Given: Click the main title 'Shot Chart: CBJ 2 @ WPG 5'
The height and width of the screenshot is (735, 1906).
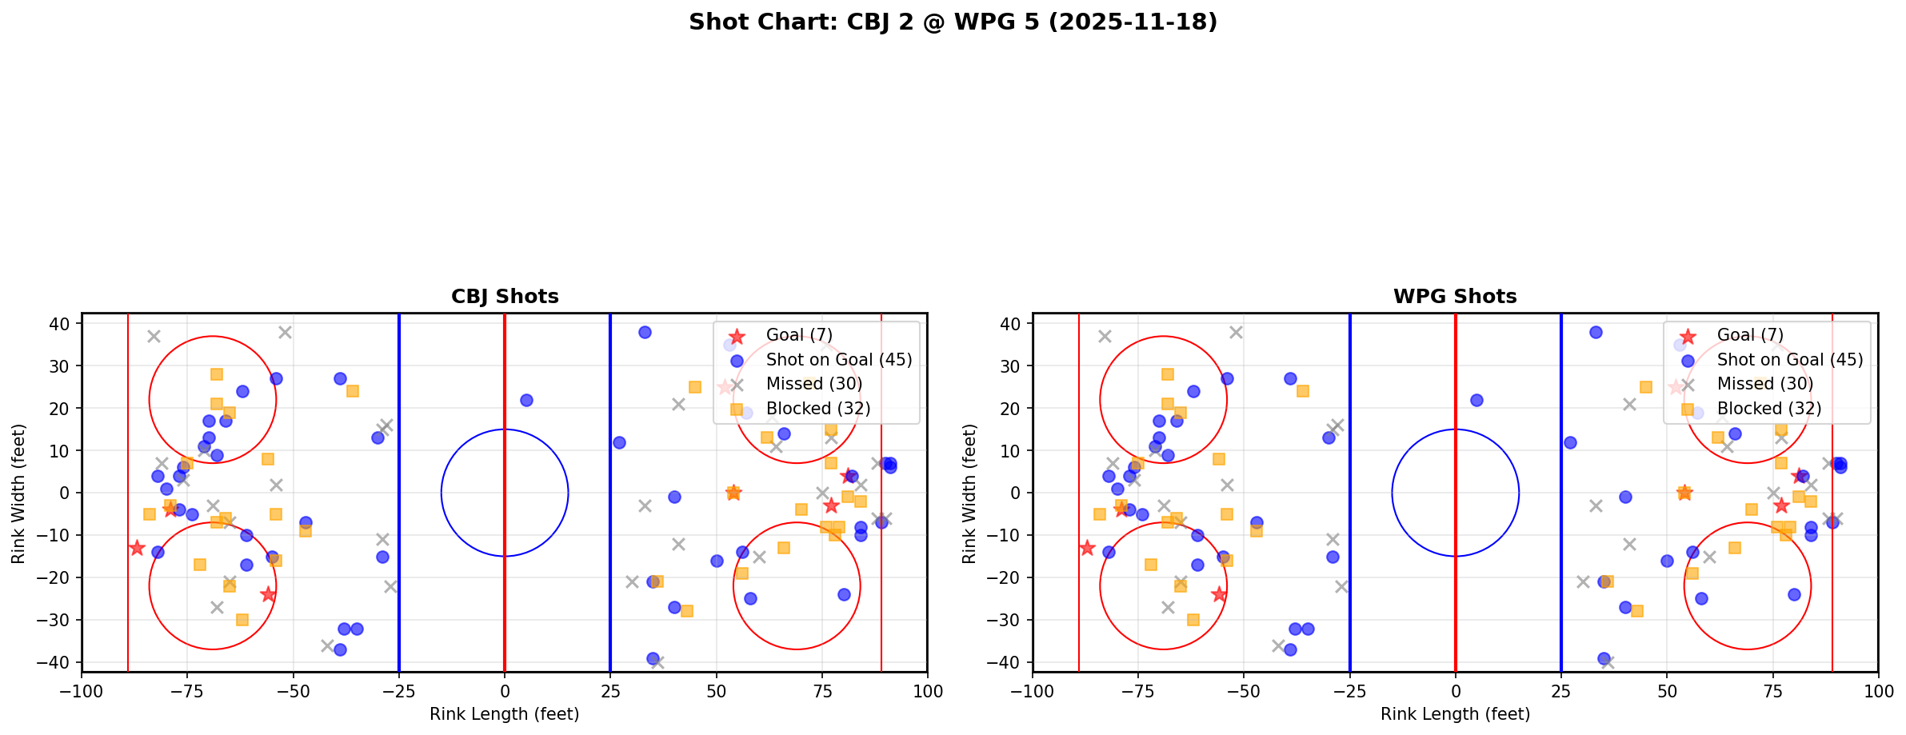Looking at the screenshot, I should [x=953, y=22].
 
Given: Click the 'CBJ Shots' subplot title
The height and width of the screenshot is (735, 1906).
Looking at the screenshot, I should [x=505, y=297].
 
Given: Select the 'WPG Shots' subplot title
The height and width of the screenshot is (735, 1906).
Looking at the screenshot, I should [x=1455, y=297].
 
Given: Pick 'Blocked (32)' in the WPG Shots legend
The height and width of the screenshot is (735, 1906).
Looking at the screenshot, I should [x=1769, y=409].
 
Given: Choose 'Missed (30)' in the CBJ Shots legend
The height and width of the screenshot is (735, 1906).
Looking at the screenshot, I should [x=813, y=384].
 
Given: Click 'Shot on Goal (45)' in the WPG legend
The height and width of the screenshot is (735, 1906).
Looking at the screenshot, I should [x=1790, y=360].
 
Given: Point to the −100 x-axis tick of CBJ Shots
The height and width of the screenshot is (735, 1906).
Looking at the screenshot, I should [x=82, y=691].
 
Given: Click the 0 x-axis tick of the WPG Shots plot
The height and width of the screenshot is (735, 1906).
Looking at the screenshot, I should [x=1455, y=691].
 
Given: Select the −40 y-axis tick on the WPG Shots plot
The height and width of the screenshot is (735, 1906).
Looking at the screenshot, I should [x=1008, y=662].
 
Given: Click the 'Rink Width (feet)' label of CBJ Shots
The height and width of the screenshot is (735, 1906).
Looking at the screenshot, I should [x=18, y=493].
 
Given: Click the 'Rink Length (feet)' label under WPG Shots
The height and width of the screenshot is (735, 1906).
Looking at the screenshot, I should [x=1455, y=714].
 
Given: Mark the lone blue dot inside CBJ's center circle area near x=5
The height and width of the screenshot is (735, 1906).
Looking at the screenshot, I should [x=526, y=400].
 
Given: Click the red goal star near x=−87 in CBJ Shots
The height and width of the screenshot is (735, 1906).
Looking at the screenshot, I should [x=137, y=548].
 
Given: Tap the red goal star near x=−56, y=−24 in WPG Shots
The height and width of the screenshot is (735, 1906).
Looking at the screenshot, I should [x=1219, y=594].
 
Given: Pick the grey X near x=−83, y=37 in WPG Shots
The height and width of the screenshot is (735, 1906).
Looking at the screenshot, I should [x=1105, y=337].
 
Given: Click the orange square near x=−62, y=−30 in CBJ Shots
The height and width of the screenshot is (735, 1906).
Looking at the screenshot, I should [x=242, y=620].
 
